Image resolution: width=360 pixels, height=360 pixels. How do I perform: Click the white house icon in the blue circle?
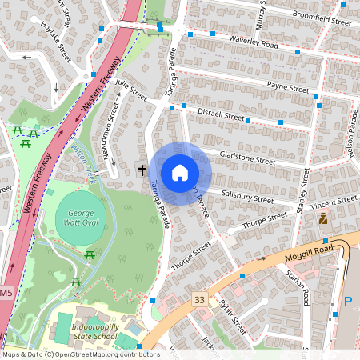[x=180, y=173]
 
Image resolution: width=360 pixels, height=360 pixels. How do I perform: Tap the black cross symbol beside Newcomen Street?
[x=142, y=170]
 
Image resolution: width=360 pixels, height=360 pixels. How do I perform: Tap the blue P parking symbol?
[x=348, y=302]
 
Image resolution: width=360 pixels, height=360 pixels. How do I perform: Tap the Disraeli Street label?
[x=221, y=115]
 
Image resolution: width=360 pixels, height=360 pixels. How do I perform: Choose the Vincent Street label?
[x=335, y=199]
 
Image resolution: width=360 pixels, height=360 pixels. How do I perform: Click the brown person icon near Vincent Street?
[x=323, y=218]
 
